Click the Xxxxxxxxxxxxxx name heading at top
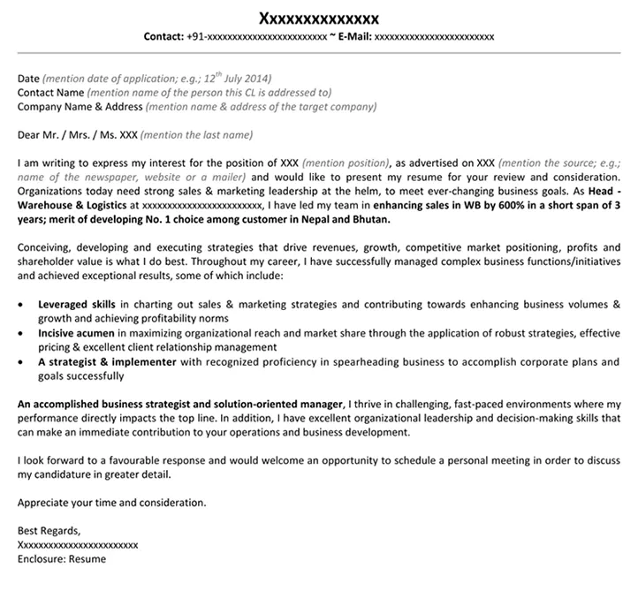click(318, 18)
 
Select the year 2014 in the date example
click(256, 77)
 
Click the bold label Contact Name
click(50, 91)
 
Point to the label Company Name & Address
click(80, 106)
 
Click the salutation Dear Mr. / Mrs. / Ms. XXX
click(77, 135)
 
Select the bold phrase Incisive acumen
click(76, 332)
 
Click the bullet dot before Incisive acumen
click(21, 333)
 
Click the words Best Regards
click(49, 531)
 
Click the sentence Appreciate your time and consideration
click(111, 502)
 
